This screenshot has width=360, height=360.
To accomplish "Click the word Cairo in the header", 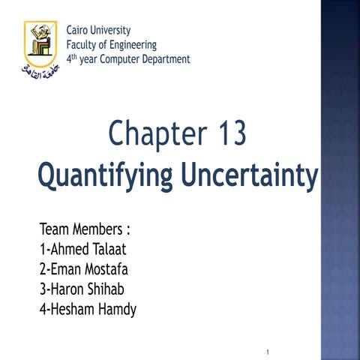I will coord(79,31).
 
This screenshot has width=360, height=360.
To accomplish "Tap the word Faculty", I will coord(83,45).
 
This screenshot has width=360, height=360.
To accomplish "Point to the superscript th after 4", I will coord(74,56).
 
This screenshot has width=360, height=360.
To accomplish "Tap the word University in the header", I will coord(111,31).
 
